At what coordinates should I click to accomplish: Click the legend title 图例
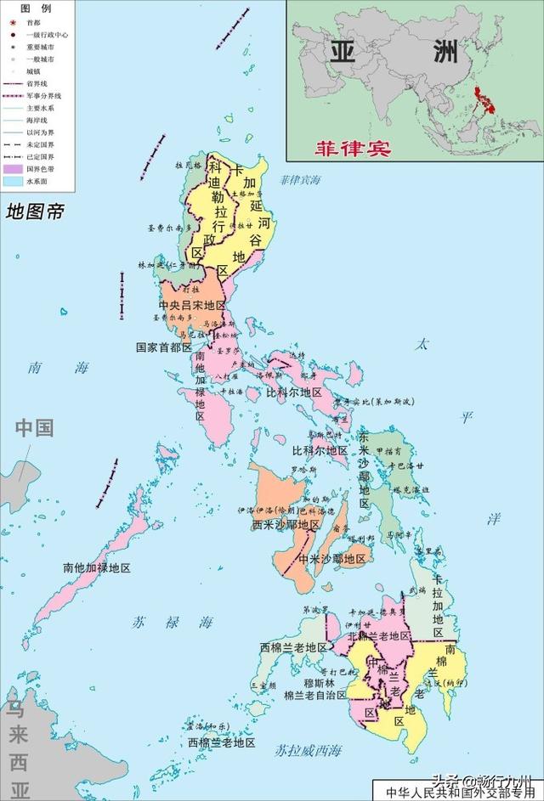(x=37, y=8)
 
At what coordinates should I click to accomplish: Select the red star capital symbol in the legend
(x=13, y=21)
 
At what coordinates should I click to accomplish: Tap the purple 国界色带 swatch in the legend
(x=12, y=170)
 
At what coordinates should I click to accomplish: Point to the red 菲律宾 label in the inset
(x=352, y=147)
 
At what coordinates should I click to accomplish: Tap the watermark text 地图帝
(x=34, y=212)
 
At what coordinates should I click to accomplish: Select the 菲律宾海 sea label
(x=301, y=180)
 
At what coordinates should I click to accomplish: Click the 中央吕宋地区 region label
(x=192, y=305)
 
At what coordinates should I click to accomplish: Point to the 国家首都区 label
(x=164, y=347)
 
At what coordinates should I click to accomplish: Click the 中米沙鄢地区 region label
(x=331, y=559)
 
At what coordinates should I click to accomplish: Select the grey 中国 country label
(x=34, y=427)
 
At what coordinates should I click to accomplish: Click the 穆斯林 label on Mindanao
(x=320, y=682)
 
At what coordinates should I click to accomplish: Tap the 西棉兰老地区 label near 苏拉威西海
(x=222, y=742)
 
